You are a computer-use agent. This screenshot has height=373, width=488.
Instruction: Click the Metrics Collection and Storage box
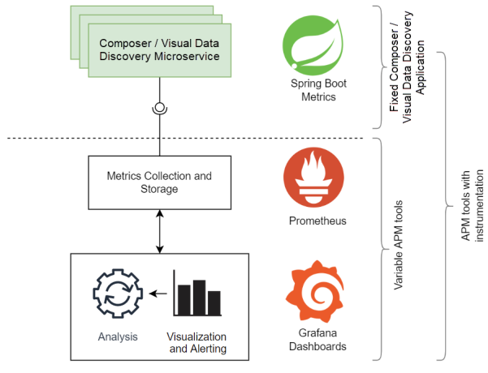tap(159, 182)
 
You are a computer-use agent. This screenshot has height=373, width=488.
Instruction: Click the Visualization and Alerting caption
tap(196, 343)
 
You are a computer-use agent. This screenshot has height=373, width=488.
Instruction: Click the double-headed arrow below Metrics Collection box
tap(159, 230)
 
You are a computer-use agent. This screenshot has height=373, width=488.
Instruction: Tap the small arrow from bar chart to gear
tap(159, 294)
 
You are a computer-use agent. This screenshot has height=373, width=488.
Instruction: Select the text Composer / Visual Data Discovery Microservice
tap(159, 49)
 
